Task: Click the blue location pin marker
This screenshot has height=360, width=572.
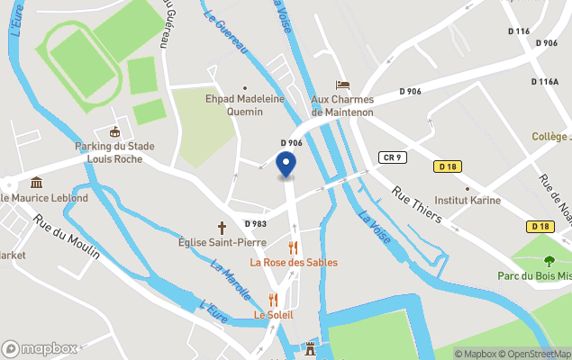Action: [286, 165]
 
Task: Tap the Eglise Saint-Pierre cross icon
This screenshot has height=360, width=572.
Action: [222, 228]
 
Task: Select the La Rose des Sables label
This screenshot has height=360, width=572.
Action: [294, 262]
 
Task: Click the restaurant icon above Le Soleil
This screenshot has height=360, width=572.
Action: [273, 299]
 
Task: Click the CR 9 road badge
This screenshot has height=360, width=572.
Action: [391, 157]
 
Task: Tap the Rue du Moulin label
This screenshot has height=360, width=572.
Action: [67, 236]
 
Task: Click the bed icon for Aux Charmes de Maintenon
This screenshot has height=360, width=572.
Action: [341, 85]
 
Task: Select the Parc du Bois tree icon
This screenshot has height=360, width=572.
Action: [549, 261]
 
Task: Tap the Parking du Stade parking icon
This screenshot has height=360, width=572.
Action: [114, 133]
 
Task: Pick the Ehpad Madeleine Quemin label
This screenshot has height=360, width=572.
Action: [245, 106]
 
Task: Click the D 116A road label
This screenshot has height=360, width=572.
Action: [544, 81]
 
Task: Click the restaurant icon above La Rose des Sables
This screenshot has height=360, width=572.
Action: [292, 247]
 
